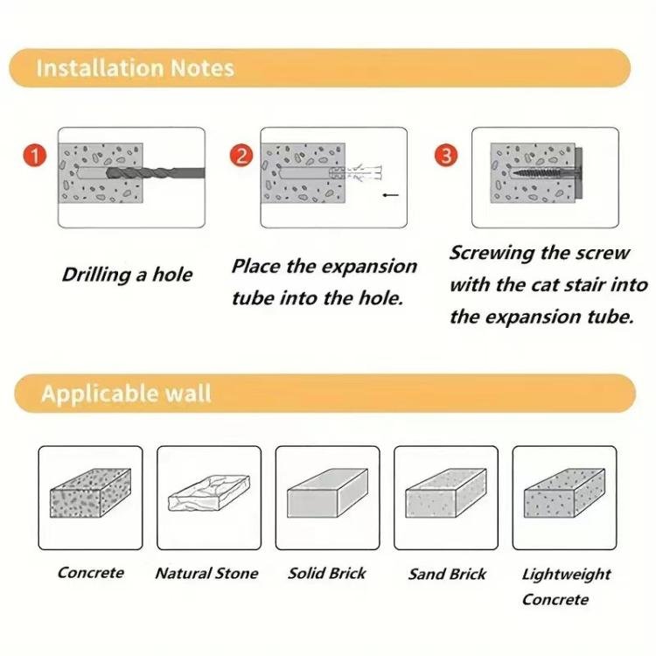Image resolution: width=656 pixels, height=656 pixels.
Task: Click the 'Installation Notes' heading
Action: coord(136,68)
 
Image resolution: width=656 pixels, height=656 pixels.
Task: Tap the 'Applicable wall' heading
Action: coord(126,393)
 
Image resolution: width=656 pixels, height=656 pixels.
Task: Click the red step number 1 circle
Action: coord(33,157)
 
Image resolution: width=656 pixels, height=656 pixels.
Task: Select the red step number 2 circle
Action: coord(241,157)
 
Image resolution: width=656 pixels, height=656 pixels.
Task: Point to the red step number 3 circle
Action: coord(446,157)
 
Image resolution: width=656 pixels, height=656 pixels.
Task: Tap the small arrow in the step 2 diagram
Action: coord(390,196)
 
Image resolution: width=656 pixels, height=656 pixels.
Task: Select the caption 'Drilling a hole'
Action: coord(127,275)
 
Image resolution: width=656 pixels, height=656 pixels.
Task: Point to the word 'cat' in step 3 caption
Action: coord(548,285)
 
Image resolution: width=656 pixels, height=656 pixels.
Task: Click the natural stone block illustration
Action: coord(208,501)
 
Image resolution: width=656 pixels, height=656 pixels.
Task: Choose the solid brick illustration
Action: coord(327,501)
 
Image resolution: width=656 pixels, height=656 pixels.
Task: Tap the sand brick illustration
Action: coord(446,501)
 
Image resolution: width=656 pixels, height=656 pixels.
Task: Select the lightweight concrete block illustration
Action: coord(564,501)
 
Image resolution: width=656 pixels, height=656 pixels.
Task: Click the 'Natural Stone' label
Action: coord(206,574)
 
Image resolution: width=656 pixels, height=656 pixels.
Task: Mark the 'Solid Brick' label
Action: coord(327,574)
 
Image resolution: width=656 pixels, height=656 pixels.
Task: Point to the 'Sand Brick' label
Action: coord(447,575)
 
